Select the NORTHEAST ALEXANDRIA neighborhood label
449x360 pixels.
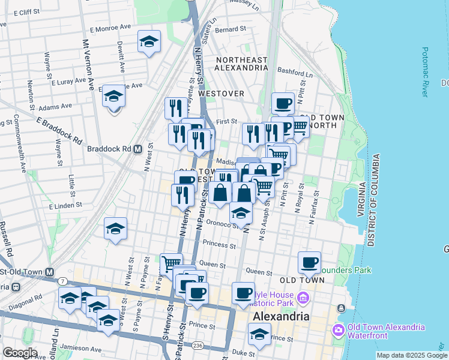click(241, 64)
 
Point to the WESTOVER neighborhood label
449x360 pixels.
click(221, 94)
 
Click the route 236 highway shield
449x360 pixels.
click(197, 345)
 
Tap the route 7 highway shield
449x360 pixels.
click(63, 281)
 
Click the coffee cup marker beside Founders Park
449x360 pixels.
click(309, 262)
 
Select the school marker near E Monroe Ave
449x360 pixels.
click(149, 41)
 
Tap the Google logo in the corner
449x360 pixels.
click(20, 353)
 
